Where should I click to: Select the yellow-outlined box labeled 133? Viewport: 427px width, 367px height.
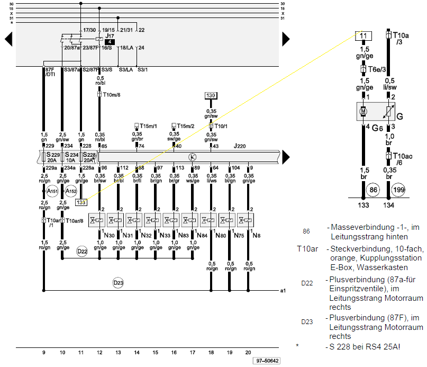pyautogui.click(x=81, y=202)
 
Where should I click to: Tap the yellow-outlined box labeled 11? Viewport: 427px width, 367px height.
pyautogui.click(x=363, y=35)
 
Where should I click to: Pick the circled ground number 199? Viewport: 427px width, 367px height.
pyautogui.click(x=398, y=189)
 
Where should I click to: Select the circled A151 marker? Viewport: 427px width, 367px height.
pyautogui.click(x=51, y=191)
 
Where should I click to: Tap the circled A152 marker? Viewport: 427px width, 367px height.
pyautogui.click(x=71, y=191)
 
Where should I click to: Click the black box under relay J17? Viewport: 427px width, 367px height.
pyautogui.click(x=108, y=41)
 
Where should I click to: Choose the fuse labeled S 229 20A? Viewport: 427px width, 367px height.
pyautogui.click(x=51, y=157)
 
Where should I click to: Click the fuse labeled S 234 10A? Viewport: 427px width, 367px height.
pyautogui.click(x=70, y=157)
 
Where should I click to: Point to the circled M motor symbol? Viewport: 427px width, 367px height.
pyautogui.click(x=364, y=111)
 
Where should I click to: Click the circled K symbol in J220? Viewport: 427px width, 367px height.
pyautogui.click(x=193, y=157)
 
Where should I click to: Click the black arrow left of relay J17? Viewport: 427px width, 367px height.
pyautogui.click(x=8, y=39)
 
